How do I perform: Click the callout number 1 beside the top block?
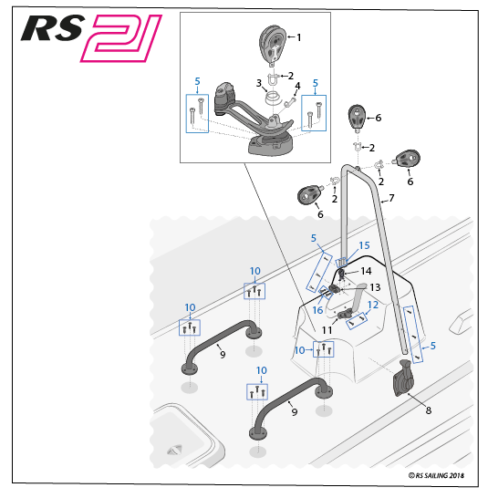point(298,37)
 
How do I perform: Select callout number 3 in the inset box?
point(259,83)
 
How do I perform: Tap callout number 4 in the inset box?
point(297,86)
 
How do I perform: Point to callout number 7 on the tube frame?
point(391,198)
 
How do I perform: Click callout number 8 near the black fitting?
point(429,410)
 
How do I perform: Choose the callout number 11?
point(327,330)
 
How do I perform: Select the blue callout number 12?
point(373,305)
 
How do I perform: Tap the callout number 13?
point(375,287)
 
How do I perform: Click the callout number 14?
point(366,271)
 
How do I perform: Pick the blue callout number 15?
point(365,245)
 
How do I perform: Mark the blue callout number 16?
point(317,310)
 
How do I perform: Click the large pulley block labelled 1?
point(273,45)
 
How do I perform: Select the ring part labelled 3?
point(273,98)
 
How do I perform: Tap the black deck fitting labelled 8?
point(403,378)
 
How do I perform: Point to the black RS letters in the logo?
point(52,28)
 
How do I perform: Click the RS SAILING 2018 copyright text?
point(436,475)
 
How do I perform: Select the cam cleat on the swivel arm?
point(225,99)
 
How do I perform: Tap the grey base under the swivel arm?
point(270,145)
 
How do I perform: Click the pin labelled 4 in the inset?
point(290,102)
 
